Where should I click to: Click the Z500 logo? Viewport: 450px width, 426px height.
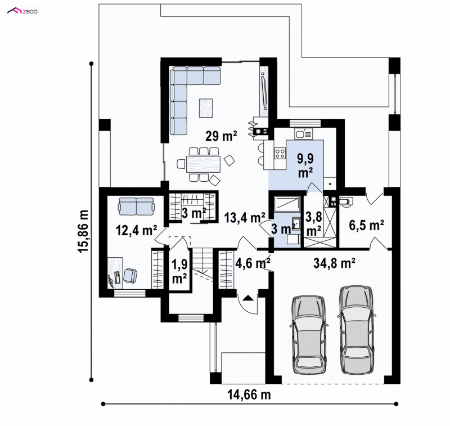[x=22, y=11]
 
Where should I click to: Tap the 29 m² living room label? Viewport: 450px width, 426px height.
[x=221, y=136]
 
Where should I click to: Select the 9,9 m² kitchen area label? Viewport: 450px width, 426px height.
[x=305, y=165]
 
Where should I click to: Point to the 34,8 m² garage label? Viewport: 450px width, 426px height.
[x=334, y=263]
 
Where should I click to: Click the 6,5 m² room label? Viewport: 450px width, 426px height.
[x=367, y=225]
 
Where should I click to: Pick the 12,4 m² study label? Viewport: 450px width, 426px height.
[x=136, y=230]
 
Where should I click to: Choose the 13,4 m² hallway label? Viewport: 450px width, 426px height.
[x=245, y=218]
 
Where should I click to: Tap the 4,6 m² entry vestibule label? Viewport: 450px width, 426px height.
[x=253, y=263]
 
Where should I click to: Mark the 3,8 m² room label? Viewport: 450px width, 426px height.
[x=313, y=223]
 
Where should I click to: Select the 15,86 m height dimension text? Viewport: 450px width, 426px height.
[x=83, y=231]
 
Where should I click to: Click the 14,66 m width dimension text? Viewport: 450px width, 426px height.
[x=249, y=394]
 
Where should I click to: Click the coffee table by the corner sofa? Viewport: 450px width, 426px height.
[x=206, y=107]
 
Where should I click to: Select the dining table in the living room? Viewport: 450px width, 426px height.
[x=203, y=164]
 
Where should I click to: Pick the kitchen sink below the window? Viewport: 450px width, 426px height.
[x=304, y=134]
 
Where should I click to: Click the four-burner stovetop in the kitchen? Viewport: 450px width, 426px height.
[x=280, y=153]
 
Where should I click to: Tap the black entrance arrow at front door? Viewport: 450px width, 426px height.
[x=248, y=297]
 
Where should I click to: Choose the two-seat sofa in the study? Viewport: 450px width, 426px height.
[x=136, y=206]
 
